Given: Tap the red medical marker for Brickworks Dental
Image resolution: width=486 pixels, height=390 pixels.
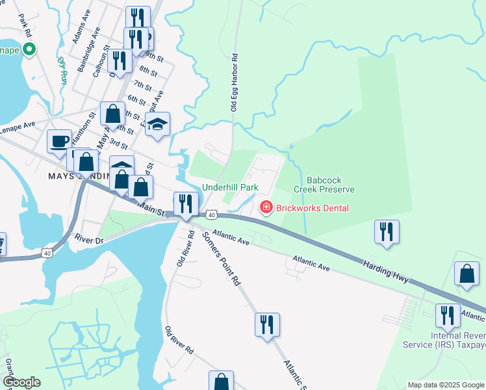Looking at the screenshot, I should pyautogui.click(x=265, y=208).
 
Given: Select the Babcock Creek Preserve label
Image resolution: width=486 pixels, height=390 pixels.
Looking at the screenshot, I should pyautogui.click(x=324, y=185).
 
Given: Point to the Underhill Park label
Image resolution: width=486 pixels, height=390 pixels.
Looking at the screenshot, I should pyautogui.click(x=230, y=187).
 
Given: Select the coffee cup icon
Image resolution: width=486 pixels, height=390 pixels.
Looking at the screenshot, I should pyautogui.click(x=60, y=140).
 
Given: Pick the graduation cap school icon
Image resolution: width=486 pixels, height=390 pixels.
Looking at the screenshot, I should pyautogui.click(x=157, y=123).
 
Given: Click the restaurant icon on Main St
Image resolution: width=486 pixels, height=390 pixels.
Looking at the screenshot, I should pyautogui.click(x=186, y=203).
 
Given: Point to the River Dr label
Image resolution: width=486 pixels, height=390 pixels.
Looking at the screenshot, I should pyautogui.click(x=89, y=240).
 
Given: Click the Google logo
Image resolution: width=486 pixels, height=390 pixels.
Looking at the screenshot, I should pyautogui.click(x=21, y=382).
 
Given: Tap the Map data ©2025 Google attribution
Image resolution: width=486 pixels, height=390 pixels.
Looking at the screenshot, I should pyautogui.click(x=446, y=385).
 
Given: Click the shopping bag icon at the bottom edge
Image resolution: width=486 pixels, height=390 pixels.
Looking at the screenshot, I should pyautogui.click(x=221, y=381).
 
